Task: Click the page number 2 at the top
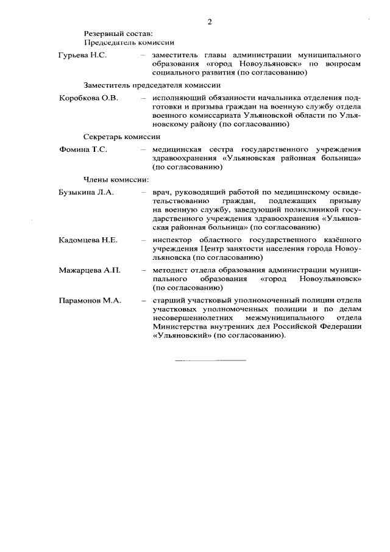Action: click(209, 22)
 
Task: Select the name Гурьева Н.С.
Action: click(83, 56)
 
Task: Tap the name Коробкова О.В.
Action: click(88, 98)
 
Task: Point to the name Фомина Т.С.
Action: click(83, 149)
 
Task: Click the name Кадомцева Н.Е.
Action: click(88, 240)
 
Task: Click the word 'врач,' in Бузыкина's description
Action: click(162, 192)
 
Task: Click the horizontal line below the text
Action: click(211, 360)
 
